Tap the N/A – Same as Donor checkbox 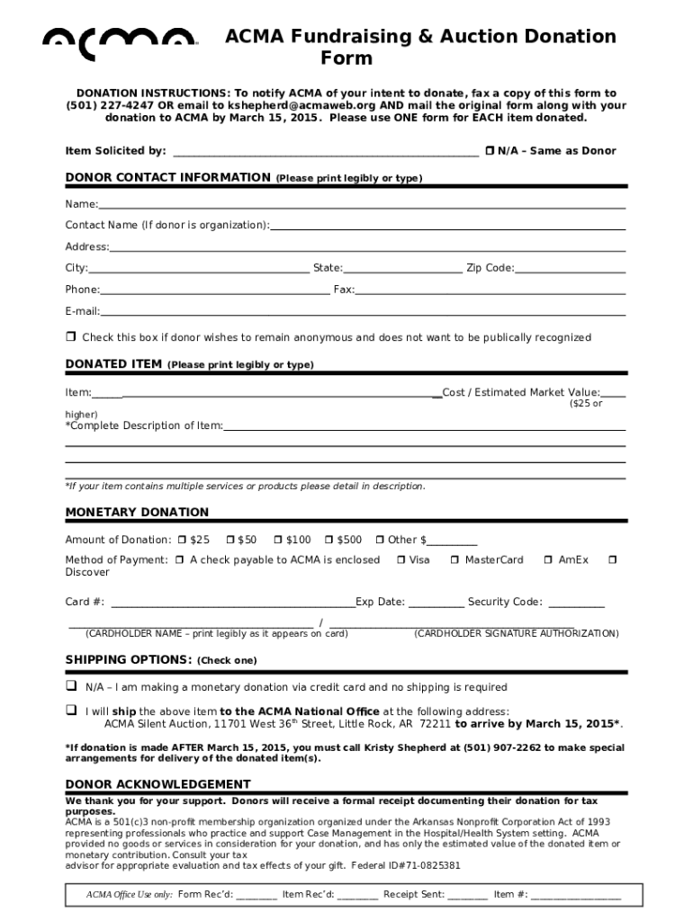[x=490, y=150]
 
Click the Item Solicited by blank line [x=325, y=152]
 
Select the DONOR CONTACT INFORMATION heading [x=167, y=178]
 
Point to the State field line [x=402, y=269]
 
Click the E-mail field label [x=82, y=311]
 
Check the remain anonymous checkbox [x=70, y=337]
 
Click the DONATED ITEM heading [x=113, y=364]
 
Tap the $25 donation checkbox [x=182, y=540]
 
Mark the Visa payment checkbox [x=400, y=560]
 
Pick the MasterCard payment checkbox [x=455, y=560]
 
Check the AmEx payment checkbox [x=548, y=560]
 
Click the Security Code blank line [x=576, y=604]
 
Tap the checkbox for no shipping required [x=70, y=686]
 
